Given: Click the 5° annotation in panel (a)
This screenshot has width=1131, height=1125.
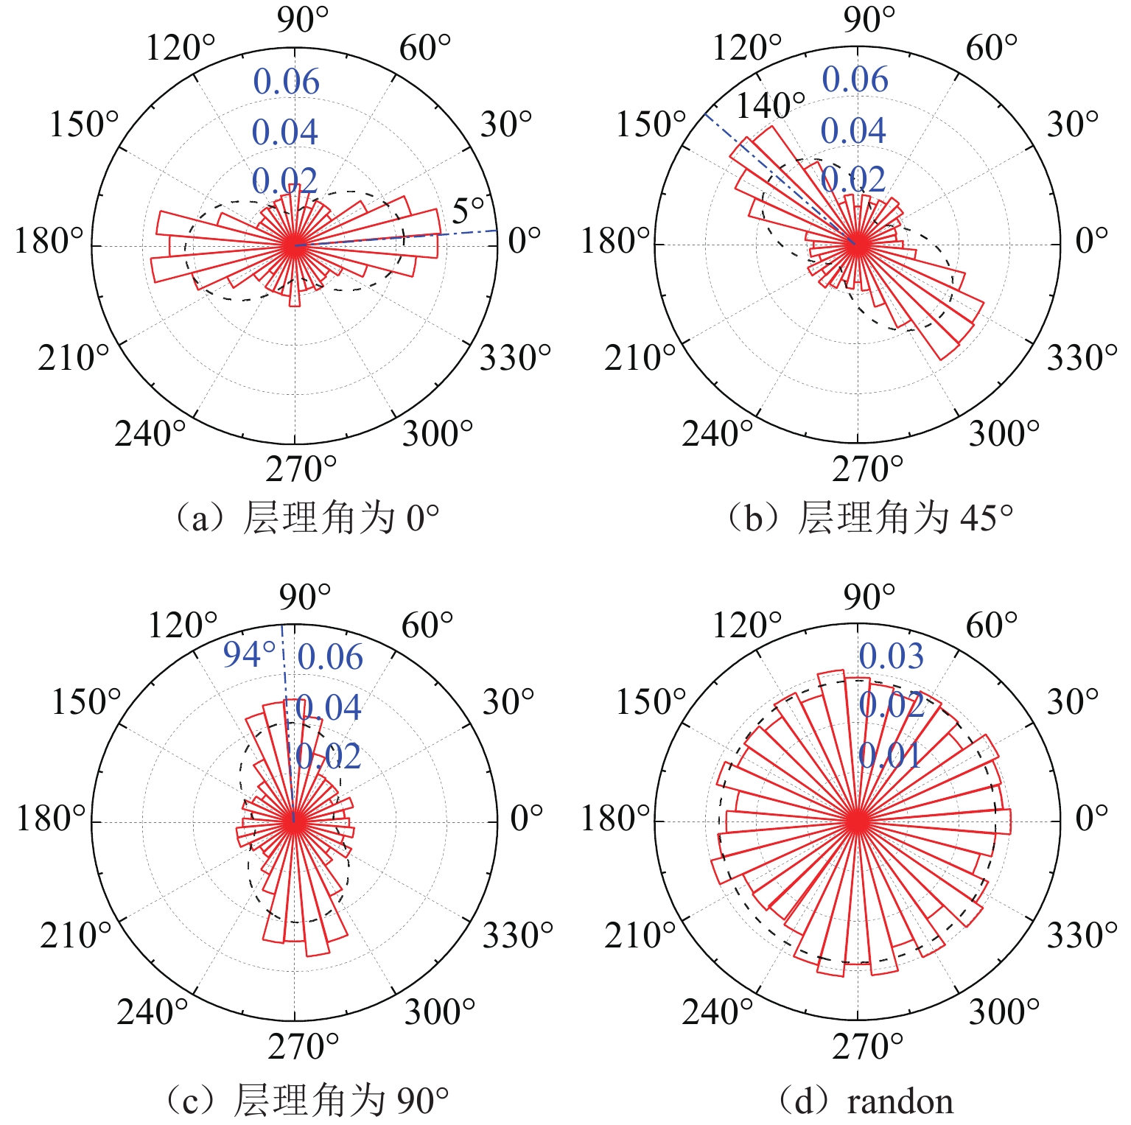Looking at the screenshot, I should [x=468, y=211].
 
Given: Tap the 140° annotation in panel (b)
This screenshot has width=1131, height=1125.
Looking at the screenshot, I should [x=771, y=106].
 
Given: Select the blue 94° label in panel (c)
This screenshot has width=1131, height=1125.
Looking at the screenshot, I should [x=249, y=654].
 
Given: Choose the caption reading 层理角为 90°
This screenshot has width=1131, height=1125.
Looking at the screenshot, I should [x=305, y=1100].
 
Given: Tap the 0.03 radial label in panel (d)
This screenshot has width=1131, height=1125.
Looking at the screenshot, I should [x=891, y=656].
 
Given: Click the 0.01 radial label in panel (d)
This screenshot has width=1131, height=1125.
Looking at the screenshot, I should [x=890, y=755].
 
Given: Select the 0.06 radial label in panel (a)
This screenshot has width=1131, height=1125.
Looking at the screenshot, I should [x=287, y=82].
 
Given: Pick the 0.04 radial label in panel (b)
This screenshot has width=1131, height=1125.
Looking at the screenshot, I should [x=853, y=131].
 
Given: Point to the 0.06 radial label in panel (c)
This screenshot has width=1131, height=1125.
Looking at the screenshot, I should [x=330, y=657].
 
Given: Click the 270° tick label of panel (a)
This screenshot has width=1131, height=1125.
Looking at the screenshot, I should [x=301, y=469].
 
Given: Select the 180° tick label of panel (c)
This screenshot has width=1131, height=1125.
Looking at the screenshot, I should [x=51, y=819].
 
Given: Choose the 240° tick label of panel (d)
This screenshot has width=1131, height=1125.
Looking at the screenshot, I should [x=717, y=1012].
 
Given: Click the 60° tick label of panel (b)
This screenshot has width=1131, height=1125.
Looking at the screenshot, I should [x=991, y=49].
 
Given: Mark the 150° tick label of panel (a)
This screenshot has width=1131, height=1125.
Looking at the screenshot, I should [x=83, y=125].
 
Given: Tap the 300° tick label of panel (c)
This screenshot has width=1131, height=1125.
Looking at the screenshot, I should [x=439, y=1012].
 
